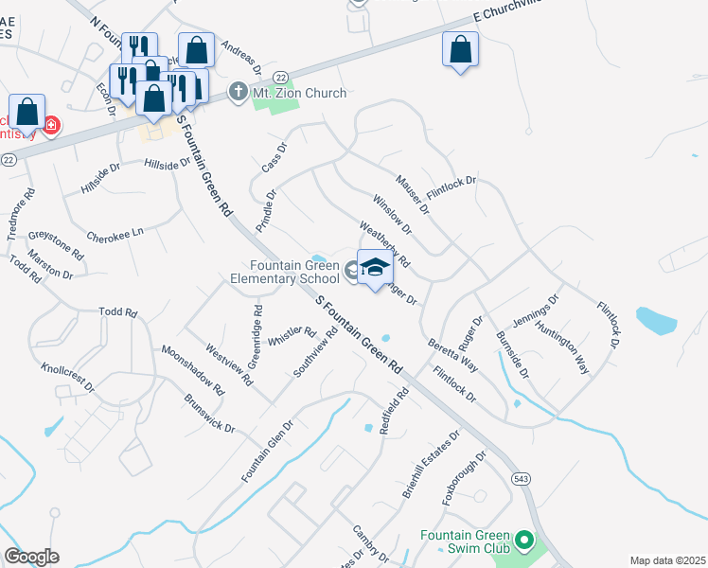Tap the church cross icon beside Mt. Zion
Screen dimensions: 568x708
(237, 93)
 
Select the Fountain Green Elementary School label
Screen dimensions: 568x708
(285, 272)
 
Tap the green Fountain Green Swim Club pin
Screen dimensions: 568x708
(526, 541)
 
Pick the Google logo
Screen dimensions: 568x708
(32, 557)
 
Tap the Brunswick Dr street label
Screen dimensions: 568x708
(209, 413)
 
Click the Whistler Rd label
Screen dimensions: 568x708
(292, 335)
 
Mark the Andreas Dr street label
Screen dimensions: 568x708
(240, 56)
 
